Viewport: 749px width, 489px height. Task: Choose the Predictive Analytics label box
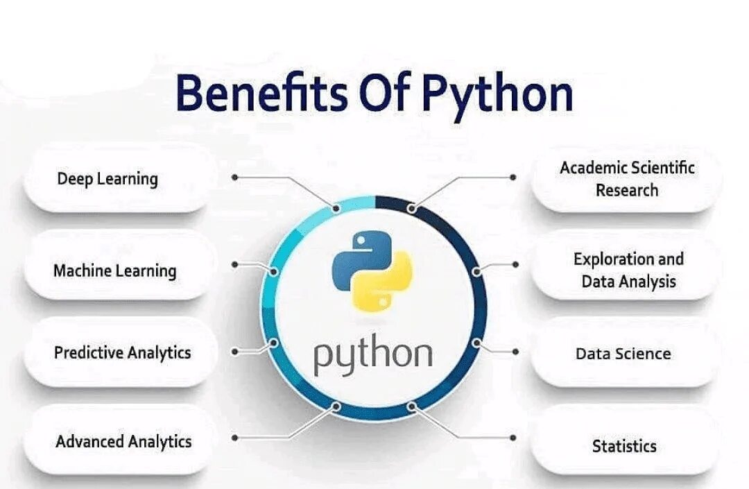[121, 352]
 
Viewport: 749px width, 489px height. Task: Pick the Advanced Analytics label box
[121, 441]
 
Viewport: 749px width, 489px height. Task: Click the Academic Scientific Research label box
[626, 179]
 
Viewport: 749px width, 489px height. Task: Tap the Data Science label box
[623, 354]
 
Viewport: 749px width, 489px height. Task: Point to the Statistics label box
[623, 445]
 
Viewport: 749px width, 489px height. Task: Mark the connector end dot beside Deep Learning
[235, 178]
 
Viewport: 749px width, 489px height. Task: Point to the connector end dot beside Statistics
[513, 438]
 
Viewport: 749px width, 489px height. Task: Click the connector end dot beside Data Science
[515, 352]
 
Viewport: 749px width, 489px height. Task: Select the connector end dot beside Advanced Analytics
[235, 438]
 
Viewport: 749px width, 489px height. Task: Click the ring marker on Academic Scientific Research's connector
[412, 207]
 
